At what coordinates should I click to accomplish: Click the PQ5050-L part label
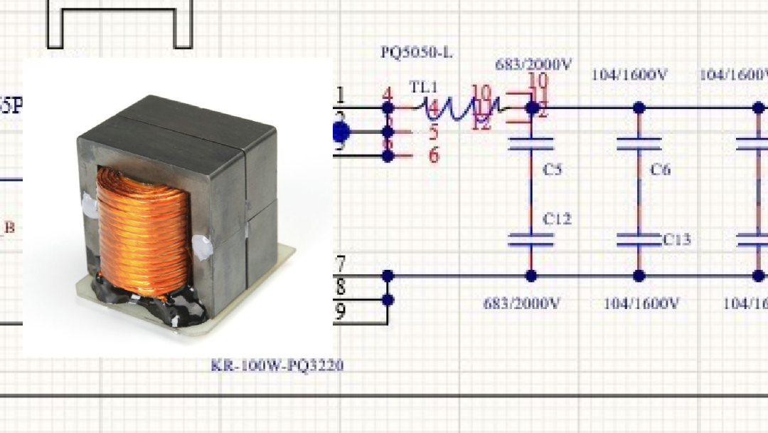click(416, 53)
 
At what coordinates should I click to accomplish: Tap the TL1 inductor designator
click(424, 88)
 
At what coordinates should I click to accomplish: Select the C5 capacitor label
click(553, 169)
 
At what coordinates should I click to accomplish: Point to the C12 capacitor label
click(557, 219)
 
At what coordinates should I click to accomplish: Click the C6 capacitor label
click(661, 169)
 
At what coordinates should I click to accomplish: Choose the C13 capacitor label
click(677, 240)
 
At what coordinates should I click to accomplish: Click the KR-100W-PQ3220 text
click(277, 366)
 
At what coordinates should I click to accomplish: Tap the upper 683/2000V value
click(533, 65)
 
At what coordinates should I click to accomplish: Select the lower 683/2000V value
click(522, 303)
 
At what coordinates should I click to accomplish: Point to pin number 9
click(340, 311)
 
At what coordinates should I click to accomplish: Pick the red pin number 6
click(433, 155)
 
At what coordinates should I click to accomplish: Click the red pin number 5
click(433, 132)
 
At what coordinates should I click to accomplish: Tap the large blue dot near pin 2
click(341, 132)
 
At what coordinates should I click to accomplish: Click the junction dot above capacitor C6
click(639, 108)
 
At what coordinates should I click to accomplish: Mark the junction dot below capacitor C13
click(639, 276)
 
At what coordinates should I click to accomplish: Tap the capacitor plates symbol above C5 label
click(530, 143)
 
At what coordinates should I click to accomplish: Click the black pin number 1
click(341, 95)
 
